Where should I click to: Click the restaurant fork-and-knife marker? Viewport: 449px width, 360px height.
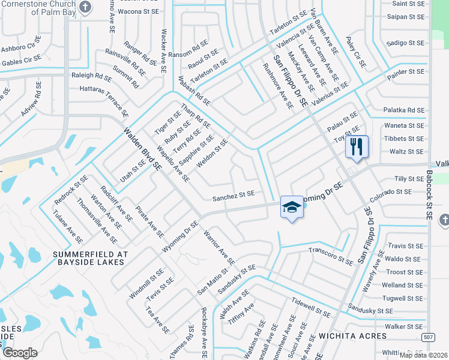pos(357,146)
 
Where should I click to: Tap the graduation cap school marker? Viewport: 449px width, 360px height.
pos(292,208)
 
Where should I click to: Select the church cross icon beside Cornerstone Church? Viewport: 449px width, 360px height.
pos(86,7)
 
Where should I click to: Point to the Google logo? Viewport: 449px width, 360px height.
pos(20,353)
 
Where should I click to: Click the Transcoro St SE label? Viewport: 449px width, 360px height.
pos(330,256)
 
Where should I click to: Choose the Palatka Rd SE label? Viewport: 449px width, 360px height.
pos(403,110)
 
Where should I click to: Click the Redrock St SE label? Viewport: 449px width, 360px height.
pos(71,188)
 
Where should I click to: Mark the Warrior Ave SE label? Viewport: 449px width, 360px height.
pos(218,247)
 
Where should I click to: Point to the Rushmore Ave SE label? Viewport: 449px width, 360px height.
pos(279,86)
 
